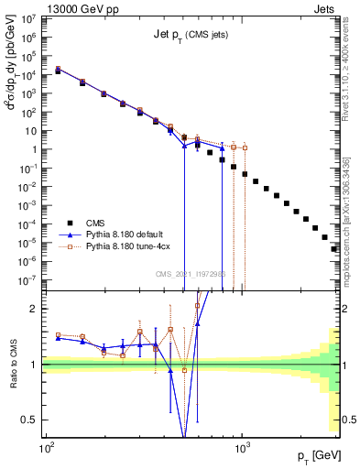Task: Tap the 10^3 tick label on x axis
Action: [x=243, y=448]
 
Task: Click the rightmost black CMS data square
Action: [x=334, y=248]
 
